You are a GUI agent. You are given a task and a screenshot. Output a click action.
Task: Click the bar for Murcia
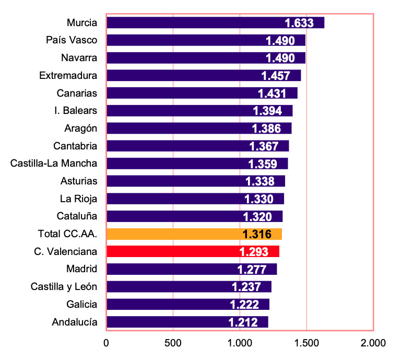coord(216,22)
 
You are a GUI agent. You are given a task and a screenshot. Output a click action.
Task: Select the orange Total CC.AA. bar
coord(194,234)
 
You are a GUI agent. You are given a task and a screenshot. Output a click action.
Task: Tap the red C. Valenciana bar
coord(193,251)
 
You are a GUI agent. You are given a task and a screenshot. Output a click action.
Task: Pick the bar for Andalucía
coord(187,322)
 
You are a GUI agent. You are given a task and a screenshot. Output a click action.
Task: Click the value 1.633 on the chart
coord(299,23)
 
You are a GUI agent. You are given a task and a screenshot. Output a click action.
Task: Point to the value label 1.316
coord(257,234)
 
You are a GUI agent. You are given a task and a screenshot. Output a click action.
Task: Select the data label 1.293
coord(254,252)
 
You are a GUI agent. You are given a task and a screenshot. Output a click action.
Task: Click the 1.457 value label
coord(276,76)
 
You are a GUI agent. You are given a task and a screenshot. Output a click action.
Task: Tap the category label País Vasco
coord(72,40)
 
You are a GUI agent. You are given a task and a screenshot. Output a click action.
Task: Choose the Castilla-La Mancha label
coord(54,164)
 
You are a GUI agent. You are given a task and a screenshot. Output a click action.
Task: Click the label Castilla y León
coord(64,287)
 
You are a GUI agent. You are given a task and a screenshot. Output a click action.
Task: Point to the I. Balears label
coord(76,110)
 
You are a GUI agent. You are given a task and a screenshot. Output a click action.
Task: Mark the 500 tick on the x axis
coord(173,343)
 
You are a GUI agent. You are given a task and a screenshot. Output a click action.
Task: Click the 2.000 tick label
coord(373,343)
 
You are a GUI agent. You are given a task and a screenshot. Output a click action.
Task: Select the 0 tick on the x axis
coord(106,343)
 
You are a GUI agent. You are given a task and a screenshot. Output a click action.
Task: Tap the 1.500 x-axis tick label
coord(306,343)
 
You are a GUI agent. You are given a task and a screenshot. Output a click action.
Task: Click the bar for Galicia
coord(188,304)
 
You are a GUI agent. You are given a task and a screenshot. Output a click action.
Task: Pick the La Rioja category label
coord(78,199)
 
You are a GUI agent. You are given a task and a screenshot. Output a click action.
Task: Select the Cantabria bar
coord(198,146)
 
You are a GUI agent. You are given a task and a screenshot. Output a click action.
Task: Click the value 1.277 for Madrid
coord(252,270)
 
